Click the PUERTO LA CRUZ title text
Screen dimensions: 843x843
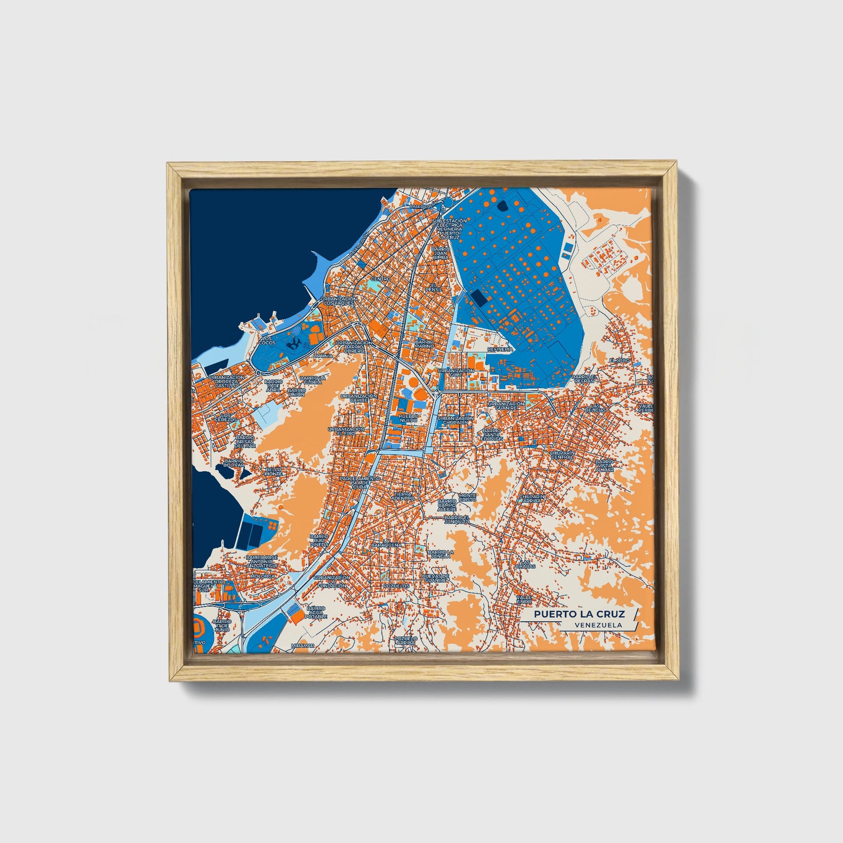(x=580, y=614)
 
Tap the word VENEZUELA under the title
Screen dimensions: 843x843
(x=598, y=625)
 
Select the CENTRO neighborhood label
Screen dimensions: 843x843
(x=380, y=279)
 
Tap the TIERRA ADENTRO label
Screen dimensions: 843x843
(x=402, y=496)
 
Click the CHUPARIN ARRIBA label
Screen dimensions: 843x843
(x=531, y=499)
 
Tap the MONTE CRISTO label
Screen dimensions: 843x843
(x=467, y=497)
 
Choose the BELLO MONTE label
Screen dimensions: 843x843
(x=274, y=472)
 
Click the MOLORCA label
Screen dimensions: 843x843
(x=263, y=576)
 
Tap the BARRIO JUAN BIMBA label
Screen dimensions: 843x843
(x=440, y=253)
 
